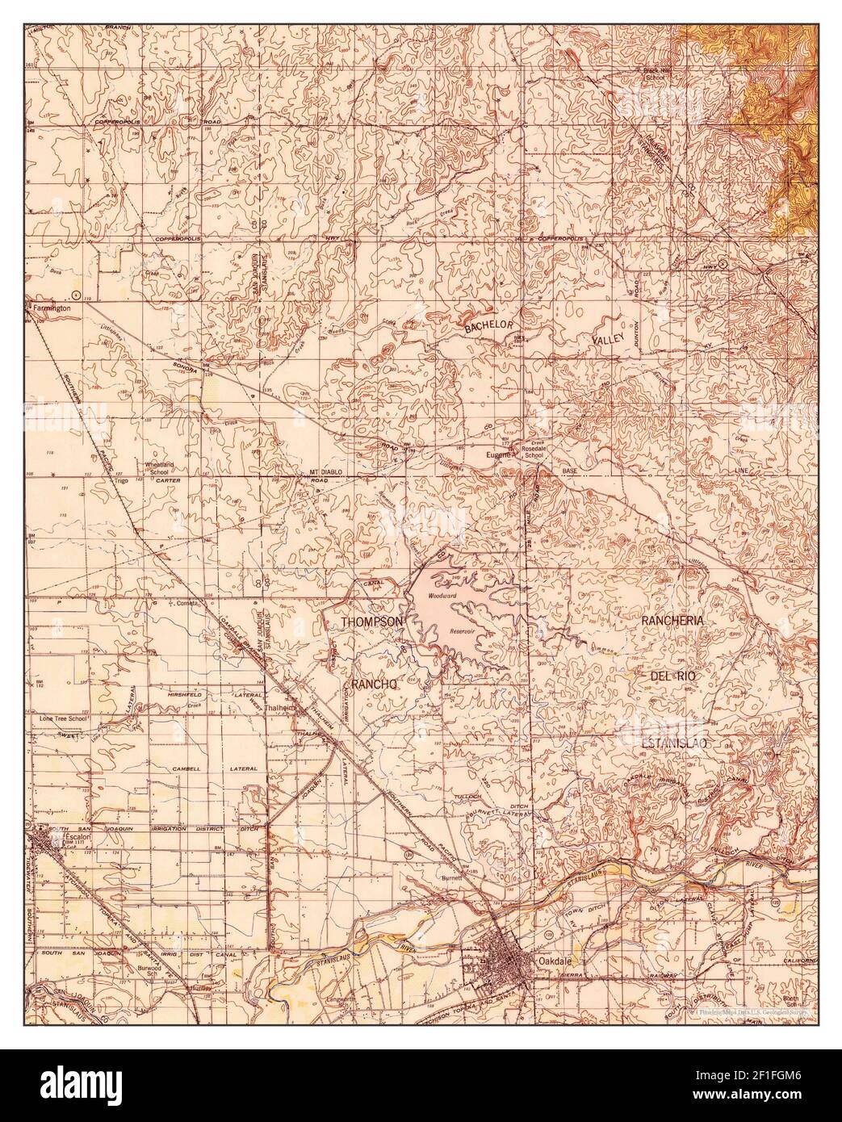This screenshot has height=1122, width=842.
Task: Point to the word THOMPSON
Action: click(371, 622)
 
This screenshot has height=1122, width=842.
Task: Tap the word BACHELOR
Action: click(488, 326)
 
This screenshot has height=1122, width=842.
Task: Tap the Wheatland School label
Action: click(159, 468)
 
